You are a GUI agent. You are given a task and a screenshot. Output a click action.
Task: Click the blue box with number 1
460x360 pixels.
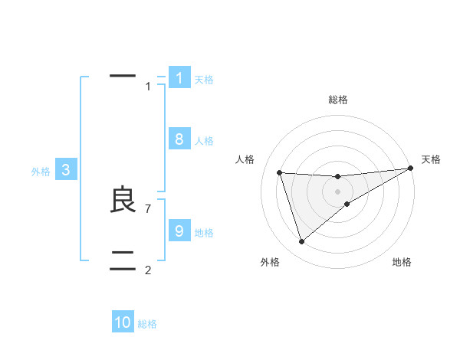click(179, 78)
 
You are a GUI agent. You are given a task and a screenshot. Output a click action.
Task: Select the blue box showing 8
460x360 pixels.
click(179, 139)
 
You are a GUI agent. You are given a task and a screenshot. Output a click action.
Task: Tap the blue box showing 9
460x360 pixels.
click(179, 231)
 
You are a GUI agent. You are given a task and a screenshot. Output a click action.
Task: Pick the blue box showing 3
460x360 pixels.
click(66, 171)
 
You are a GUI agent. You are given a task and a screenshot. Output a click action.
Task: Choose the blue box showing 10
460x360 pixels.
click(123, 322)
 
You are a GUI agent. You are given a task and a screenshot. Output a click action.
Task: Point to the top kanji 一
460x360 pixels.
click(123, 75)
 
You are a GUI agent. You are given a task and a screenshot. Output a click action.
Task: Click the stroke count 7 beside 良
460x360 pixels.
click(148, 208)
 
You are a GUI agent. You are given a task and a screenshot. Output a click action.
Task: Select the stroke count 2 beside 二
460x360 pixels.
click(148, 270)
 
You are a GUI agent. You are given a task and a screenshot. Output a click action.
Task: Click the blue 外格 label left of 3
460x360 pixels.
click(41, 172)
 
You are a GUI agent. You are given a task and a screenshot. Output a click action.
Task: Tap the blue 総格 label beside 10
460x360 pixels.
click(147, 324)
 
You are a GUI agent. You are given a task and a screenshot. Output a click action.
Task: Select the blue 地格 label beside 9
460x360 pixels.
click(204, 233)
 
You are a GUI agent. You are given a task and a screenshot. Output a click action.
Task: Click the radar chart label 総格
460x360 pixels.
click(338, 100)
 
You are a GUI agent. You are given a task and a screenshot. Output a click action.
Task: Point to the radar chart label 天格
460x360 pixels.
click(432, 159)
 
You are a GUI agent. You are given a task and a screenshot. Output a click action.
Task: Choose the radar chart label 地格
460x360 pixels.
click(402, 262)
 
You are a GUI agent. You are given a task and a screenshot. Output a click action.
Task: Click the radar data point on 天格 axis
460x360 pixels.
click(411, 168)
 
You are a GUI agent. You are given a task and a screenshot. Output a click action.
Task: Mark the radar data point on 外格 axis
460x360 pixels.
click(301, 242)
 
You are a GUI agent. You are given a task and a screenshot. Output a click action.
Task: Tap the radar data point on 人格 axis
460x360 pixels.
click(279, 172)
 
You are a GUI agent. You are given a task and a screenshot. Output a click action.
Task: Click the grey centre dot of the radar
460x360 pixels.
click(338, 191)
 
